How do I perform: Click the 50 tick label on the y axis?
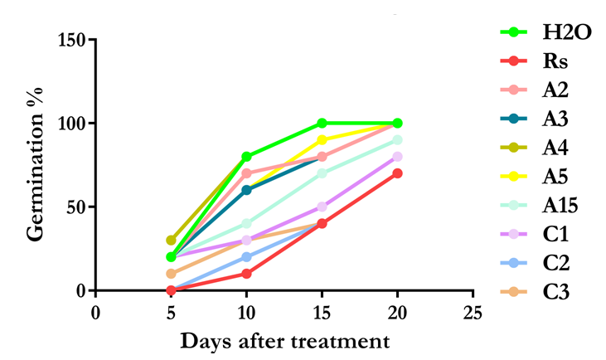pos(75,207)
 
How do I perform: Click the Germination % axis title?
pos(34,165)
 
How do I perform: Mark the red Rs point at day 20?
pos(397,173)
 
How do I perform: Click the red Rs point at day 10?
pos(246,274)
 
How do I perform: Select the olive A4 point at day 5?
pos(171,240)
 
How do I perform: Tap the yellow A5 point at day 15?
pos(322,139)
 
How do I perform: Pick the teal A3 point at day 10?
pos(246,190)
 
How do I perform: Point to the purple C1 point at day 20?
pos(397,157)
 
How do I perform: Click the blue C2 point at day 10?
pos(246,257)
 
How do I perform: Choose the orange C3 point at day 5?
pos(171,274)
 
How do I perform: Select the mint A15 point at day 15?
pos(322,173)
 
